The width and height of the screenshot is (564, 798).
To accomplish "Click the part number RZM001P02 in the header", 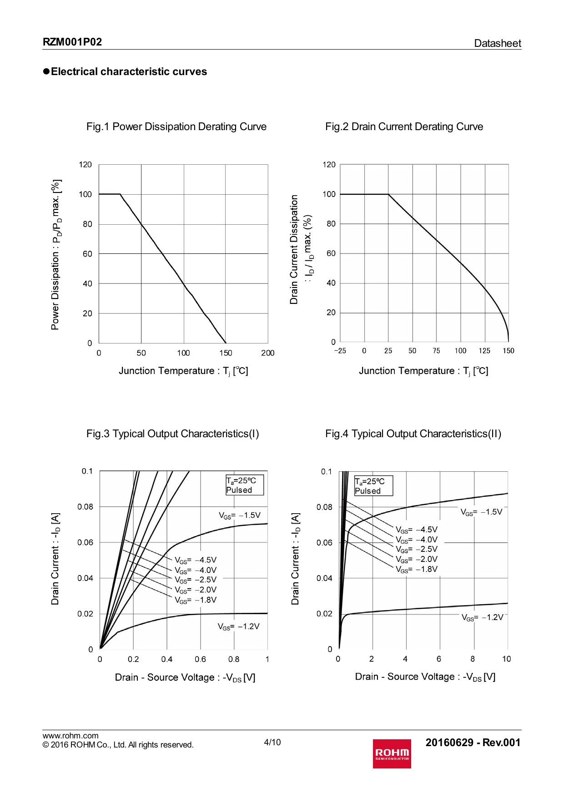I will pyautogui.click(x=72, y=42).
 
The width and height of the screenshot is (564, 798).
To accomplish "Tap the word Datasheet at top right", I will pyautogui.click(x=497, y=43).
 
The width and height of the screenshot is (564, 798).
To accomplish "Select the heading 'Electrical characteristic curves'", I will pyautogui.click(x=129, y=71).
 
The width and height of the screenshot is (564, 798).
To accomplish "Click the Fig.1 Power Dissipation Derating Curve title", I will pyautogui.click(x=176, y=126).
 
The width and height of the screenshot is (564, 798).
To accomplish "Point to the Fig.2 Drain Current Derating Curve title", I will pyautogui.click(x=404, y=126).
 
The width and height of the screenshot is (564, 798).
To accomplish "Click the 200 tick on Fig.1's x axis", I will pyautogui.click(x=267, y=353).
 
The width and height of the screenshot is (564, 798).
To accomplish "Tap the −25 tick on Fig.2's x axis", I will pyautogui.click(x=340, y=351).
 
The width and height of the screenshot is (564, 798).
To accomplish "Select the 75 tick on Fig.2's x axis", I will pyautogui.click(x=436, y=351).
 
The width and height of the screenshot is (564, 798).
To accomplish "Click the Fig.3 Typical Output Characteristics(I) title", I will pyautogui.click(x=173, y=434).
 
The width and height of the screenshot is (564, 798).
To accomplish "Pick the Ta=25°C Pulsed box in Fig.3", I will pyautogui.click(x=244, y=485).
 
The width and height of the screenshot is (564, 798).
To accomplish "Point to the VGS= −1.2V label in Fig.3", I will pyautogui.click(x=239, y=626).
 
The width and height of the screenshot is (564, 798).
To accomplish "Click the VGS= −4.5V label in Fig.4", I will pyautogui.click(x=417, y=530).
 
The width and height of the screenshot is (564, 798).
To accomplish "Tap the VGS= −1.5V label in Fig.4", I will pyautogui.click(x=481, y=512).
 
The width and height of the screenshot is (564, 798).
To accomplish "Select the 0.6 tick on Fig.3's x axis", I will pyautogui.click(x=200, y=659).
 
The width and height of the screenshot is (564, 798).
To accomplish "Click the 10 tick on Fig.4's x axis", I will pyautogui.click(x=506, y=659).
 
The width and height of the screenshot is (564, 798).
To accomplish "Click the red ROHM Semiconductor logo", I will pyautogui.click(x=392, y=753).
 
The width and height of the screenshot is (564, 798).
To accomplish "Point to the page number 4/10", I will pyautogui.click(x=272, y=742).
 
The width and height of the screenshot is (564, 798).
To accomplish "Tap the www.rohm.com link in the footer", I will pyautogui.click(x=70, y=736).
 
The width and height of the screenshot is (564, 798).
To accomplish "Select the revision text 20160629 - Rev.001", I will pyautogui.click(x=473, y=742).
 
